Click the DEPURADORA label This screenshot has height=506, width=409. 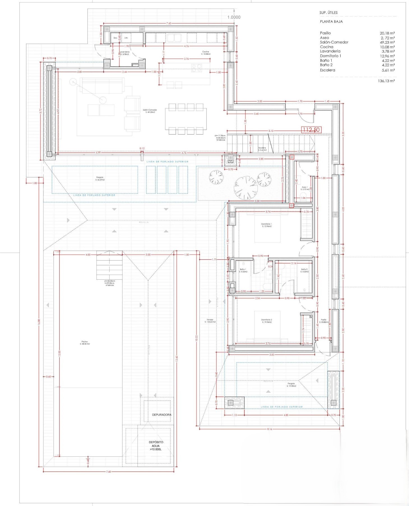coord(161,415)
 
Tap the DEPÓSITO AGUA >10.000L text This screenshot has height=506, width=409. coord(156,445)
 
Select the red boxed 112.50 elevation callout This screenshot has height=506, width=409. coord(311,130)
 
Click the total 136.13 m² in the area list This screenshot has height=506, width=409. coord(386,81)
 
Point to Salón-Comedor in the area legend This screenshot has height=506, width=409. coord(334,42)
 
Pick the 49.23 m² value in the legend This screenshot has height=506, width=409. coord(387,42)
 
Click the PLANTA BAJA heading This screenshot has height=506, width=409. coord(331,22)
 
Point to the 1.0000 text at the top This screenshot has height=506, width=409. coord(234,17)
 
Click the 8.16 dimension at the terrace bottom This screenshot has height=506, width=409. coord(269,429)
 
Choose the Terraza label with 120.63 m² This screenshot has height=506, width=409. coord(210,321)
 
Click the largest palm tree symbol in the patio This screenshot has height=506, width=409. coord(246,187)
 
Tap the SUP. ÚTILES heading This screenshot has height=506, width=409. coord(328,13)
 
